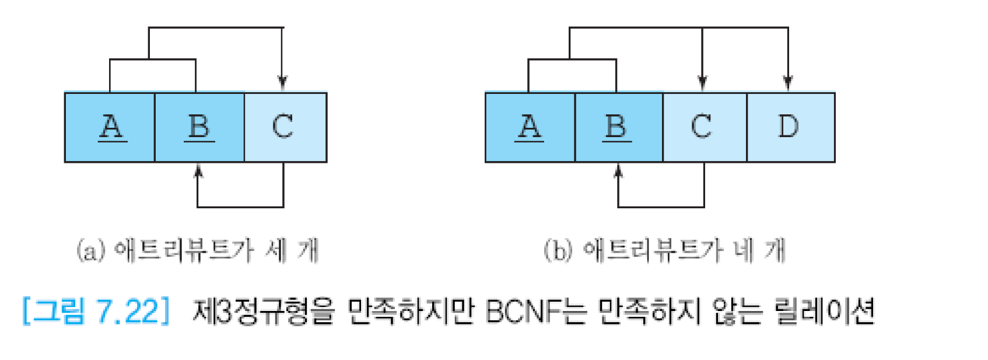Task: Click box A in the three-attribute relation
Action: pyautogui.click(x=110, y=127)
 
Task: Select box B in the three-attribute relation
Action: pyautogui.click(x=199, y=127)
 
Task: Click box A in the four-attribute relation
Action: pyautogui.click(x=530, y=127)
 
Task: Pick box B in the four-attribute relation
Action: pyautogui.click(x=618, y=127)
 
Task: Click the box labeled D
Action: pyautogui.click(x=790, y=127)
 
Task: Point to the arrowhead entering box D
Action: pyautogui.click(x=788, y=83)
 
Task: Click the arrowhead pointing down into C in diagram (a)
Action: pyautogui.click(x=282, y=83)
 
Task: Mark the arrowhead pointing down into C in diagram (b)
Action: pyautogui.click(x=702, y=83)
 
